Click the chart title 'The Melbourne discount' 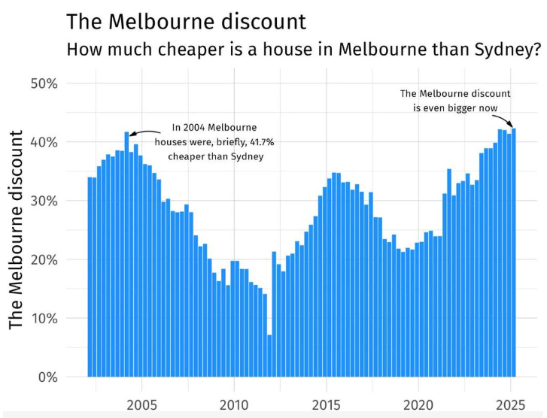[186, 21]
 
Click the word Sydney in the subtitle [500, 50]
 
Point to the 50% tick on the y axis [43, 83]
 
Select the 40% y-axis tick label [43, 142]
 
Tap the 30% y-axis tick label [43, 201]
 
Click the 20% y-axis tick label [43, 259]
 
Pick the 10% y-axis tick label [43, 318]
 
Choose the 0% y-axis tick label [47, 377]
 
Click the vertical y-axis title [18, 230]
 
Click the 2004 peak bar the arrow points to [126, 256]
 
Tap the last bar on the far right [514, 256]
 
